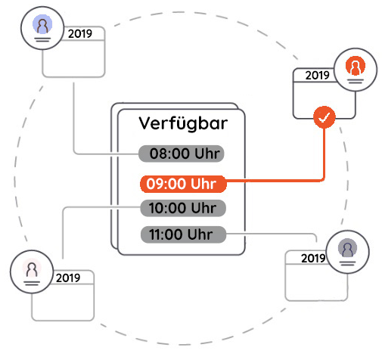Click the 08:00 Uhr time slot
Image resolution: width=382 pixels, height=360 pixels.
tap(182, 154)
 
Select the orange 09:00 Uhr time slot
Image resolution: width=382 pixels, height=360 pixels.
tap(183, 184)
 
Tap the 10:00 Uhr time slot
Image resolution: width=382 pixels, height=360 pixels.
tap(183, 208)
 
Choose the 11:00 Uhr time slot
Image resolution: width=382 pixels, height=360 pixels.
tap(183, 234)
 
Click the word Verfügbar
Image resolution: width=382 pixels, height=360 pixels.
tap(183, 123)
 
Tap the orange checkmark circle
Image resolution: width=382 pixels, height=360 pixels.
tap(325, 117)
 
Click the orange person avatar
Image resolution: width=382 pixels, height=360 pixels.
tap(356, 66)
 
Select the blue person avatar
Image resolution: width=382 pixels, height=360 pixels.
tap(42, 24)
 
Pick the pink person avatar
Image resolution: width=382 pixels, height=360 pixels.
tap(32, 268)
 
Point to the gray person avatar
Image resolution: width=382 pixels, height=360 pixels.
tap(347, 248)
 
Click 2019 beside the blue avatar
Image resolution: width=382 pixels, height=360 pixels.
tap(80, 34)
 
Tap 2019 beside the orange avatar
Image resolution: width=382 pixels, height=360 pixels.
tap(317, 76)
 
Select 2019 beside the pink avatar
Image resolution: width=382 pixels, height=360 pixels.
tap(68, 278)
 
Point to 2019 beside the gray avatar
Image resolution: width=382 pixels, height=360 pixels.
tap(313, 258)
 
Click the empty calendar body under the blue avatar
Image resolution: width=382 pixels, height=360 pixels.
tap(73, 58)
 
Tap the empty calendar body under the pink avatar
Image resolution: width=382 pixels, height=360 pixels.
tap(63, 303)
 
